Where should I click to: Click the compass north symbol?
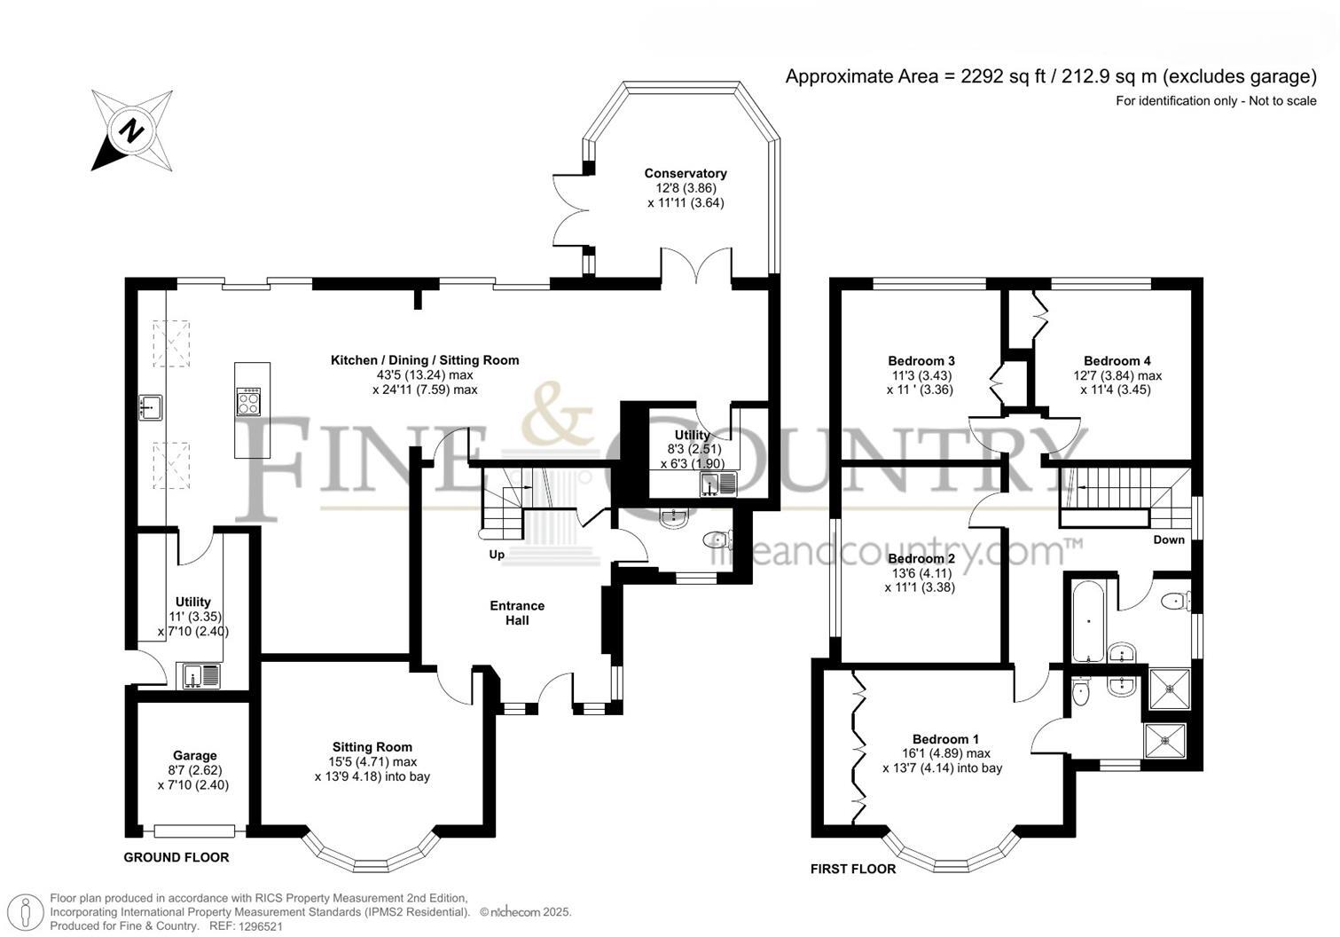(131, 130)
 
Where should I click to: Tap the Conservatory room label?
(686, 174)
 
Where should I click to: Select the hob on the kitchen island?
(249, 402)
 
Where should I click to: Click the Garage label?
(194, 756)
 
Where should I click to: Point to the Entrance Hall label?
(517, 613)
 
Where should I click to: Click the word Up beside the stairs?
(497, 555)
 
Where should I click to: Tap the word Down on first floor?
(1169, 539)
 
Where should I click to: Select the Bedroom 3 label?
(921, 361)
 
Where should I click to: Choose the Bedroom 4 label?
(1117, 361)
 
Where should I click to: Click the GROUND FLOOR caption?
(176, 857)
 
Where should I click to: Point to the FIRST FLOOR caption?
(853, 869)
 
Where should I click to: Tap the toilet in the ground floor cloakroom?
(717, 540)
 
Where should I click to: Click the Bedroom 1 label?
(945, 739)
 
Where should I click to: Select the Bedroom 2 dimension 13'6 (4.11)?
(921, 573)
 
